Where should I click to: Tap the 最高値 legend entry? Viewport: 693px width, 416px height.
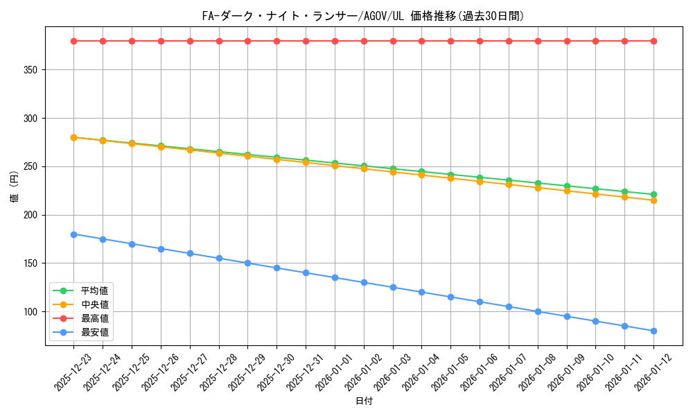pos(94,318)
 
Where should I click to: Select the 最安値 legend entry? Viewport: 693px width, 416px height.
pos(94,332)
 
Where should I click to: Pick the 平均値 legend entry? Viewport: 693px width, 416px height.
pos(94,291)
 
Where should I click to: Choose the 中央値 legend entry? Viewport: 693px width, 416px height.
pos(94,304)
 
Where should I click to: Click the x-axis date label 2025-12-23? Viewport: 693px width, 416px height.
pos(73,372)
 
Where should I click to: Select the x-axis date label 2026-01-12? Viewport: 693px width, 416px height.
pos(653,372)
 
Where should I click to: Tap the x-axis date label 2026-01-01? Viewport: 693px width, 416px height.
pos(334,372)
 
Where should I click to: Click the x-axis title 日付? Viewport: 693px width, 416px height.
pos(364,401)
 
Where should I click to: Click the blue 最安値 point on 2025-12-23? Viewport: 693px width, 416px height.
pos(73,234)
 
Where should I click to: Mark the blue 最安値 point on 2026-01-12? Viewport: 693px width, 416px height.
pos(653,331)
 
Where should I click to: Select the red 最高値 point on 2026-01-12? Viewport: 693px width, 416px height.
pos(653,41)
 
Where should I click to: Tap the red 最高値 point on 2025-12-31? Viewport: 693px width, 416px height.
pos(306,41)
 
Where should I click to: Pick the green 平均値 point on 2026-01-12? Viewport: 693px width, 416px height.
pos(653,195)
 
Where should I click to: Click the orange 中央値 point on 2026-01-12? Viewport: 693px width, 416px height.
pos(653,200)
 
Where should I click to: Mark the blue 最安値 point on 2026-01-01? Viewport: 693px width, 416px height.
pos(335,277)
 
